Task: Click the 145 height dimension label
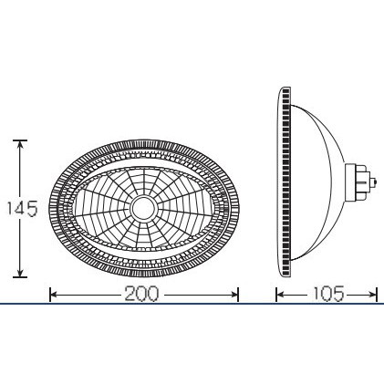22,209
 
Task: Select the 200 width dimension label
141,294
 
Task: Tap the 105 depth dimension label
328,294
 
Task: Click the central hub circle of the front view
144,208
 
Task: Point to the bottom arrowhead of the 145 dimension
20,273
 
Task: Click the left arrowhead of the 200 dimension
54,295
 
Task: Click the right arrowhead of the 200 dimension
234,295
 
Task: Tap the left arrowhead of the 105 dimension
280,295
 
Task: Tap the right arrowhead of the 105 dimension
373,295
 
